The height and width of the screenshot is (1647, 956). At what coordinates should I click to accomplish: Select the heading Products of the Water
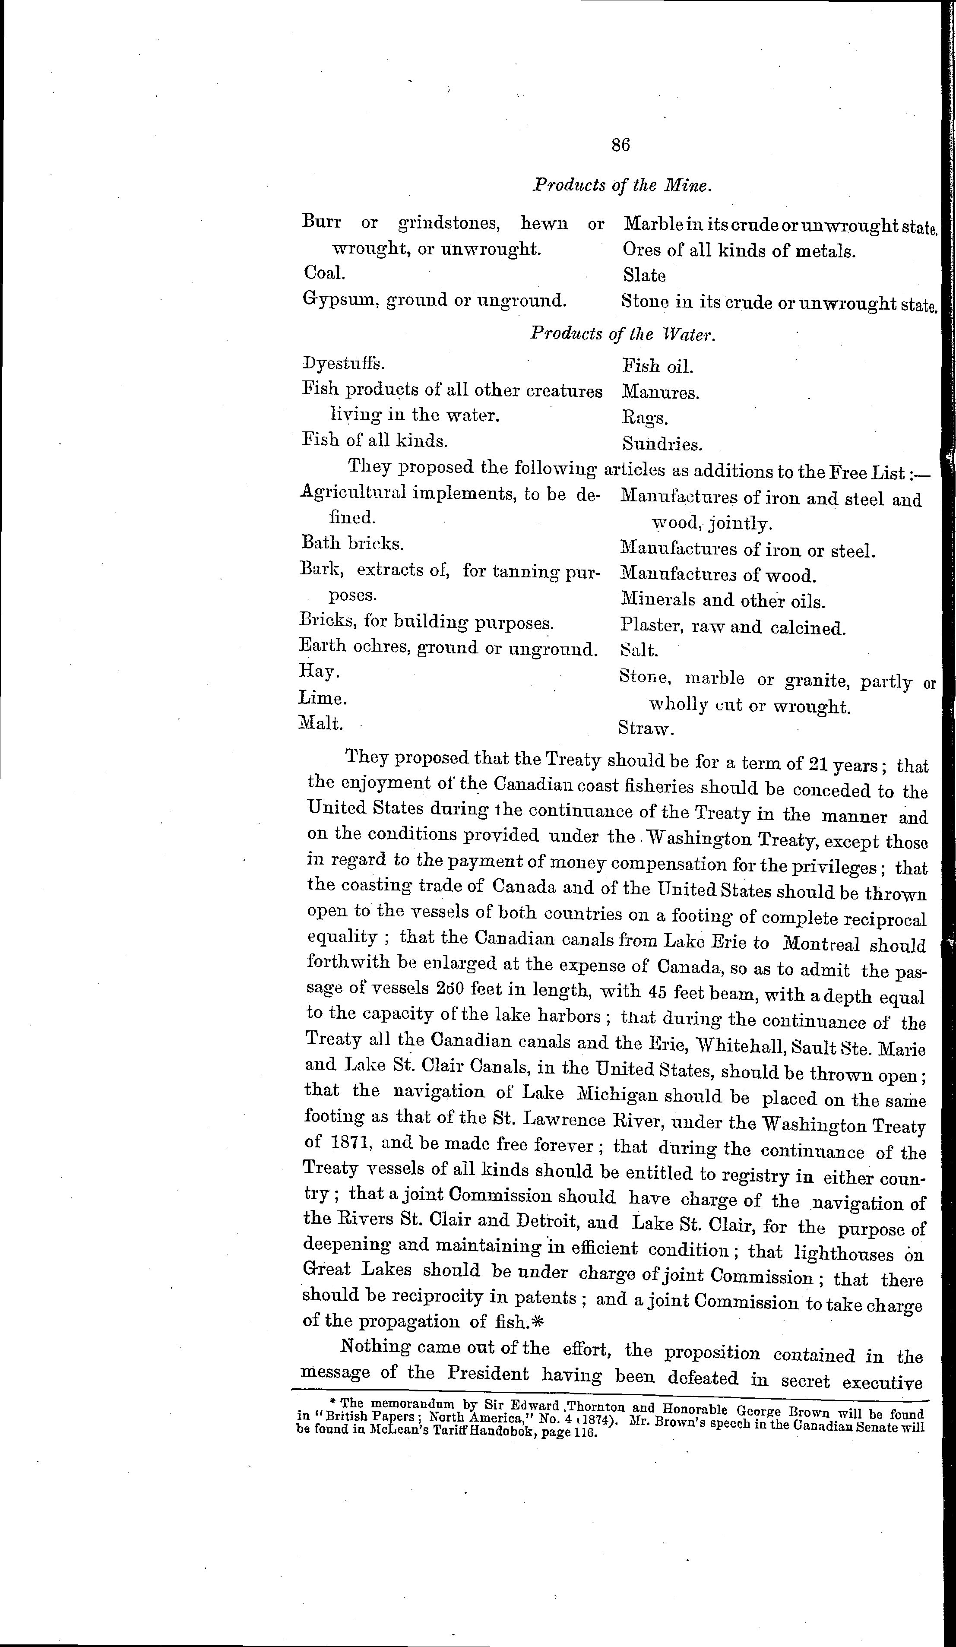[623, 334]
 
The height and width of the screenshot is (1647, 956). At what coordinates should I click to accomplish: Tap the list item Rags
[644, 418]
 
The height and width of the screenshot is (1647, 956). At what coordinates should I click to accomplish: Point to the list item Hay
[319, 671]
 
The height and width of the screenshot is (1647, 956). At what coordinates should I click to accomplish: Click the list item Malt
[320, 723]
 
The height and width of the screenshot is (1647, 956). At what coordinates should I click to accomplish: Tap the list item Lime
[322, 698]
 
